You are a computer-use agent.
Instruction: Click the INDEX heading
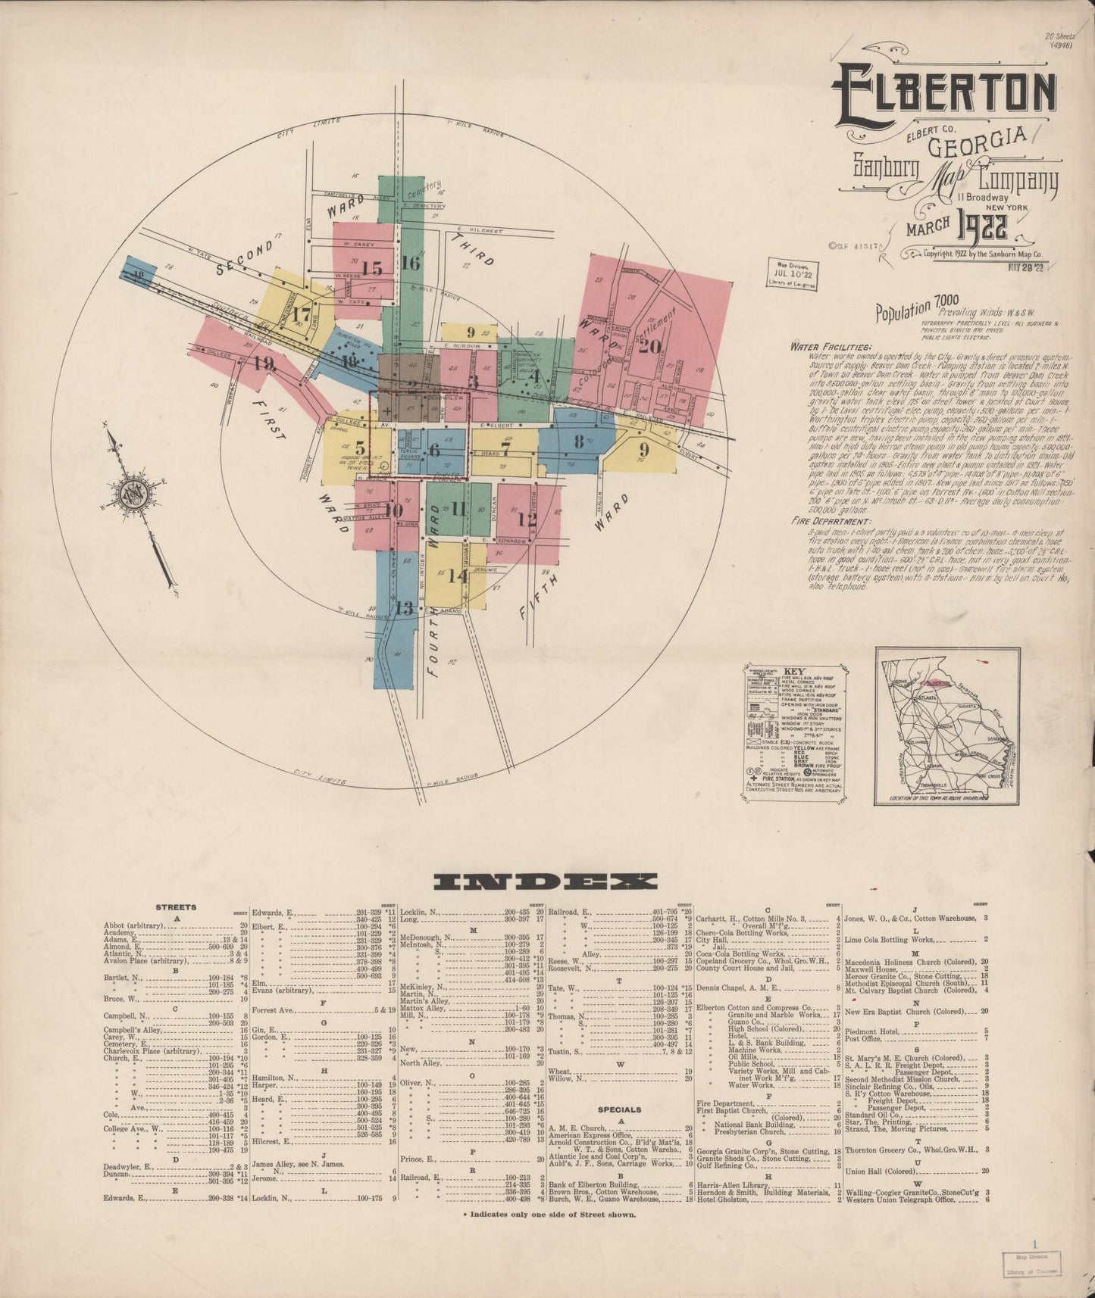click(x=545, y=881)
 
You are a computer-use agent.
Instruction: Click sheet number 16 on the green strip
click(x=410, y=264)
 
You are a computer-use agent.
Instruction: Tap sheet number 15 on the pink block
click(x=371, y=268)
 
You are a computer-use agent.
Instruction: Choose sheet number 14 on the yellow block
click(x=457, y=576)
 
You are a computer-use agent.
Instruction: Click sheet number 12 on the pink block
click(x=527, y=520)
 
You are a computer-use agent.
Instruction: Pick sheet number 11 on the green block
click(x=458, y=509)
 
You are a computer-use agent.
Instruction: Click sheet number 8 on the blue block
click(x=579, y=441)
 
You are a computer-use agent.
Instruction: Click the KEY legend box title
click(x=794, y=672)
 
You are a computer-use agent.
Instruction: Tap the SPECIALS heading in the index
click(x=620, y=1109)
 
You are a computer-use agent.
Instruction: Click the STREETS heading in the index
click(x=176, y=906)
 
